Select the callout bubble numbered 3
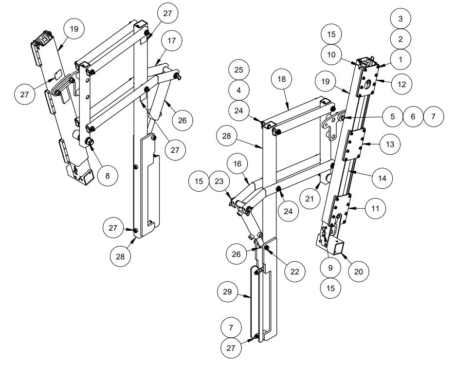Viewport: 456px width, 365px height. pos(401,18)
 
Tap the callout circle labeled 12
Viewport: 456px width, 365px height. pos(401,84)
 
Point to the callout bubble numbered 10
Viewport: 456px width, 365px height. pos(331,55)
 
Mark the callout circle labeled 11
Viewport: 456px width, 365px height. pos(375,208)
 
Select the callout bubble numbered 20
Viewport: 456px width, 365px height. pos(358,271)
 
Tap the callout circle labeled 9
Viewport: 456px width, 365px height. pos(331,267)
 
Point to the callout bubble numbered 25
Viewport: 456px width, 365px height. pos(238,70)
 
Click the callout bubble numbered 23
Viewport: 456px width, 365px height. pos(219,181)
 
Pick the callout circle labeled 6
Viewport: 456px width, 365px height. pos(413,117)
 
